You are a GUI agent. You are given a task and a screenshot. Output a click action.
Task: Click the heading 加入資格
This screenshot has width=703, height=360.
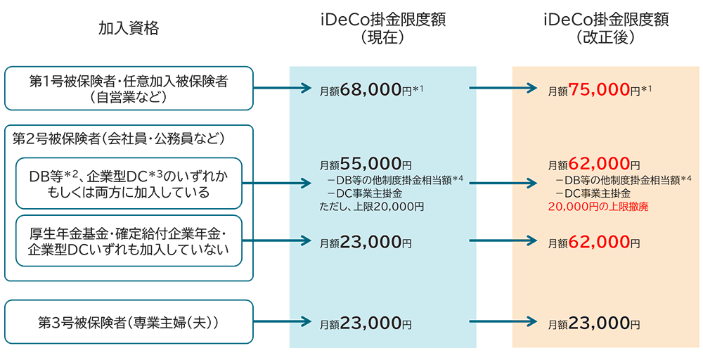[x=129, y=28]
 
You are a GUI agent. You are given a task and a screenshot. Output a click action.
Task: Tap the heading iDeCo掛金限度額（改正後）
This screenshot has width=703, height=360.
[x=605, y=28]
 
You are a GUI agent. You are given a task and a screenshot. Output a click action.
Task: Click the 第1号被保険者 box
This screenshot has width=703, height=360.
[x=129, y=89]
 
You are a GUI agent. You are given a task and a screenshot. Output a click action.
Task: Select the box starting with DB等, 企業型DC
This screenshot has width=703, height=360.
[x=129, y=183]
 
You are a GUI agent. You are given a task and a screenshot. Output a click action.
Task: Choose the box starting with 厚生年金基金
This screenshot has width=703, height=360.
[x=129, y=241]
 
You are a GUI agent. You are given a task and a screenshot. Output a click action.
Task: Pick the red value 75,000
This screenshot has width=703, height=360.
[x=598, y=90]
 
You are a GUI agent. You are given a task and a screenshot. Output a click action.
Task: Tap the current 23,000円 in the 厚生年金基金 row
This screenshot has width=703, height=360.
[x=366, y=243]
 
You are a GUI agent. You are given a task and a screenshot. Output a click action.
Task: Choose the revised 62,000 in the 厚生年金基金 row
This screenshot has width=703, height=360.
[x=598, y=243]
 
